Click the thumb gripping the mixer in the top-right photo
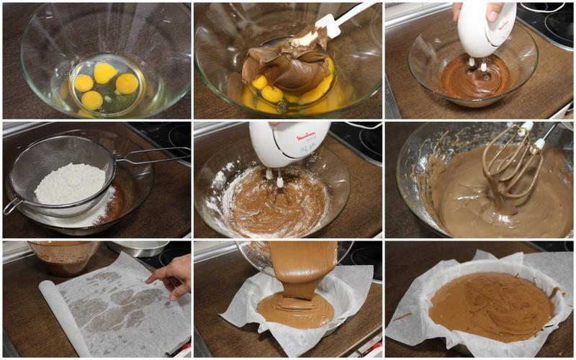click(493, 11)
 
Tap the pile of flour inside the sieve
click(70, 184)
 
